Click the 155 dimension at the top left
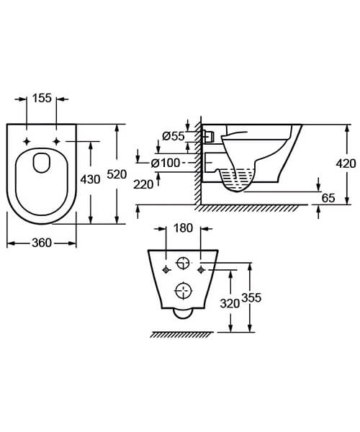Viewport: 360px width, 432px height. coord(42,99)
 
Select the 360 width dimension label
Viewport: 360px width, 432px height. coord(42,243)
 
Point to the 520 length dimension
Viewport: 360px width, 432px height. coord(128,174)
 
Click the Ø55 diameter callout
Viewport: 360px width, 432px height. coord(174,135)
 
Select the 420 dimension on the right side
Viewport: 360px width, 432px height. coord(346,163)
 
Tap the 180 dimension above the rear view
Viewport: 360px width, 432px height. coord(182,229)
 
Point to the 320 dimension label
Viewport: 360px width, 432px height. coord(230,303)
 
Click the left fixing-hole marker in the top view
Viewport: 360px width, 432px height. coord(27,140)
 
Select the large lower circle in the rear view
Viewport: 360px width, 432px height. coord(184,292)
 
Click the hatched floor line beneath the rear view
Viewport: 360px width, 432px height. coord(182,335)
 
